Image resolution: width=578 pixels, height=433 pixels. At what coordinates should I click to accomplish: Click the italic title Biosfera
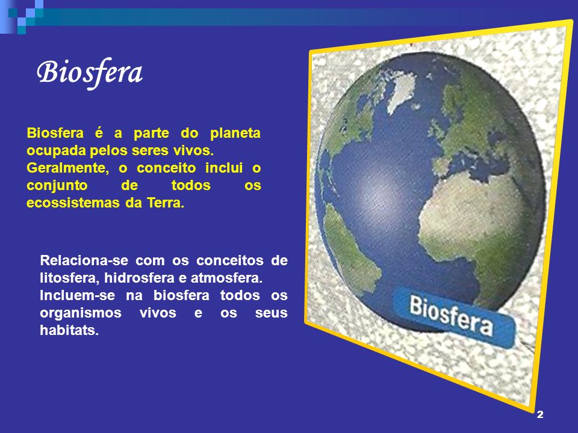point(90,73)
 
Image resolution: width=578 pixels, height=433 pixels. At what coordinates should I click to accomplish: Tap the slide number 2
point(540,414)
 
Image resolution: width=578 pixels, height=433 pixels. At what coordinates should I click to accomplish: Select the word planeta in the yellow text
point(235,133)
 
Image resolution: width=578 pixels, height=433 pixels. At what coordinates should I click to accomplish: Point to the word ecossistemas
point(73,203)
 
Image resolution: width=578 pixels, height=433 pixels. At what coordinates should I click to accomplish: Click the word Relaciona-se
point(84,260)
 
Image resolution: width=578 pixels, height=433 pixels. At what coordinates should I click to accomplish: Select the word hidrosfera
point(139,278)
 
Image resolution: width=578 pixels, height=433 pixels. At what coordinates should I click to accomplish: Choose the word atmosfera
point(226,278)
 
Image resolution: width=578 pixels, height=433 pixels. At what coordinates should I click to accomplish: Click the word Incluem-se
point(78,295)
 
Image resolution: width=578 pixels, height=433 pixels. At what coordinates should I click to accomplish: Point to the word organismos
point(80,313)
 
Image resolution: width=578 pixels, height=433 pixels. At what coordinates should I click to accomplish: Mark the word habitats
point(69,330)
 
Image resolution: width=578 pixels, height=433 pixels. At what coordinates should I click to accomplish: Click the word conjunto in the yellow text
point(57,186)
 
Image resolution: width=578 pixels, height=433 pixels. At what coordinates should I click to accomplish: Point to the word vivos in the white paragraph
point(158,313)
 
